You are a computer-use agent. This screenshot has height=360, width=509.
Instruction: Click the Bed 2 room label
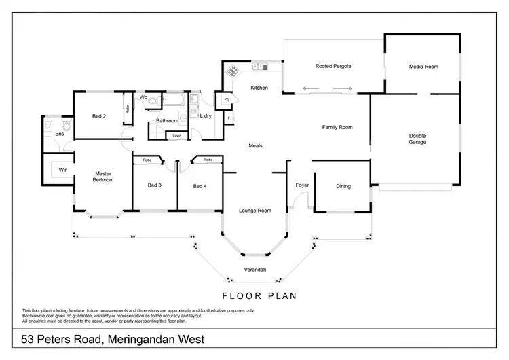pos(99,116)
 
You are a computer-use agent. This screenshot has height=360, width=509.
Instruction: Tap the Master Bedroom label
pos(103,177)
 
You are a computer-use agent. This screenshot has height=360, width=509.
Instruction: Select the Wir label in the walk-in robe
pos(62,169)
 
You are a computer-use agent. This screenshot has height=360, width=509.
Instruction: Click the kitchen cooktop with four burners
pos(232,69)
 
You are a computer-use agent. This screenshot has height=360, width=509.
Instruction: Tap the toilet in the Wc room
pos(153,101)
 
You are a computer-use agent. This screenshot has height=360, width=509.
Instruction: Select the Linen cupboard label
pos(176,136)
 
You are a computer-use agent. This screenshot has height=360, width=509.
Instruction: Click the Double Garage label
pos(417,139)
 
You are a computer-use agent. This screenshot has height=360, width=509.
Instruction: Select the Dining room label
pos(343,186)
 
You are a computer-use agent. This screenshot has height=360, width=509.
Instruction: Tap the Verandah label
pos(254,270)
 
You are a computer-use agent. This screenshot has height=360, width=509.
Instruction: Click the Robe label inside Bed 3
pos(147,160)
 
